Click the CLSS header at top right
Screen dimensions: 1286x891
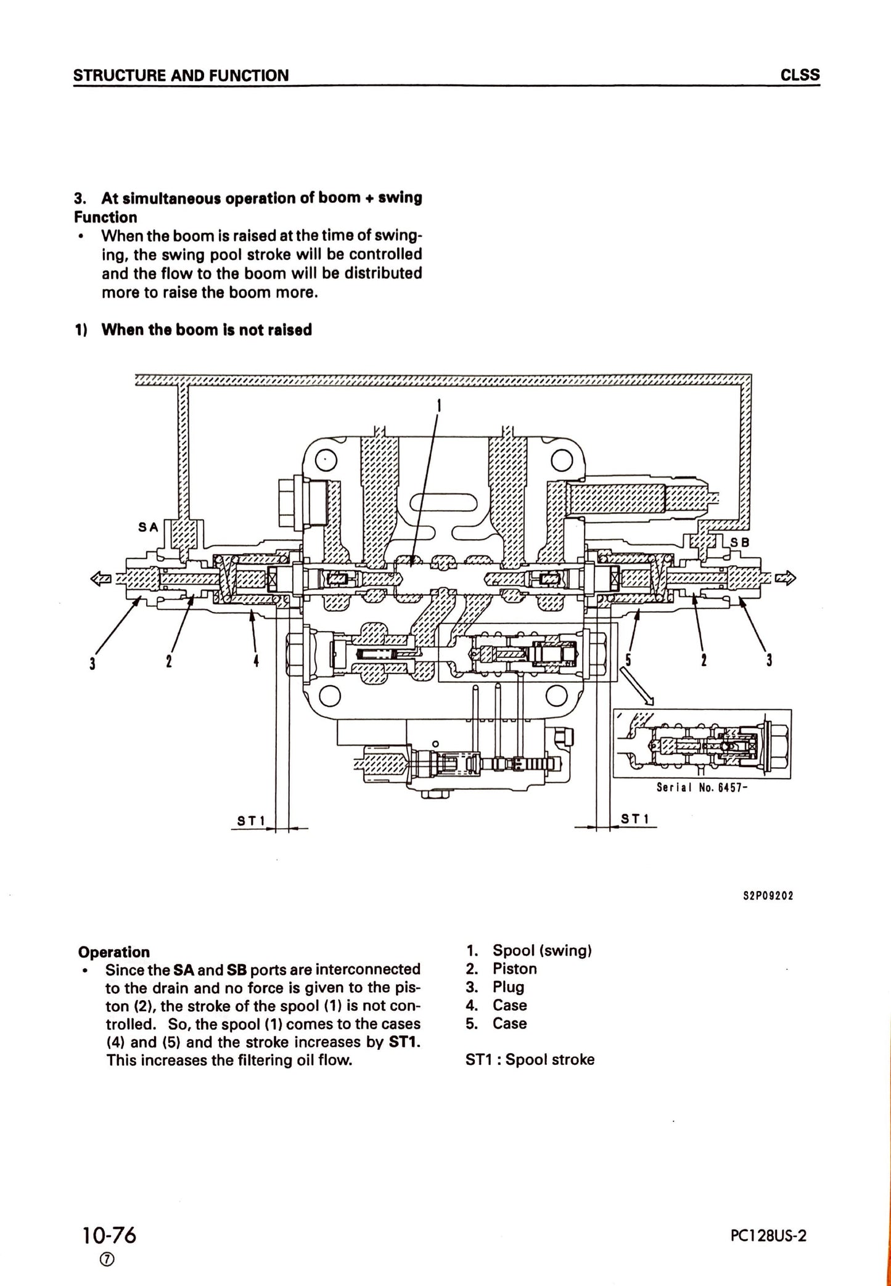click(800, 75)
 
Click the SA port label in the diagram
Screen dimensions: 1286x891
click(148, 527)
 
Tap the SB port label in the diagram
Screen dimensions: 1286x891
click(739, 543)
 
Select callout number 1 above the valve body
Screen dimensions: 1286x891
click(438, 405)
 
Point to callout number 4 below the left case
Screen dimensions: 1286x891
click(256, 662)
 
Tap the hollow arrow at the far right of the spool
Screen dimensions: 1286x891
click(786, 578)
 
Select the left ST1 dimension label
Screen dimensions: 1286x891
click(251, 821)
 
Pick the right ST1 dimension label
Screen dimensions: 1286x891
click(635, 819)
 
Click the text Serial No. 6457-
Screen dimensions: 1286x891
click(702, 787)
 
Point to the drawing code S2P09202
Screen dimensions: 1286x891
click(768, 895)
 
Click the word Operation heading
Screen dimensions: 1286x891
click(113, 952)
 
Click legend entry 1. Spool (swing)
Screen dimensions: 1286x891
click(529, 950)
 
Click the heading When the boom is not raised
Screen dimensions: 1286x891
click(206, 330)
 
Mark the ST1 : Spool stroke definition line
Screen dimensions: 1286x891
click(530, 1059)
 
